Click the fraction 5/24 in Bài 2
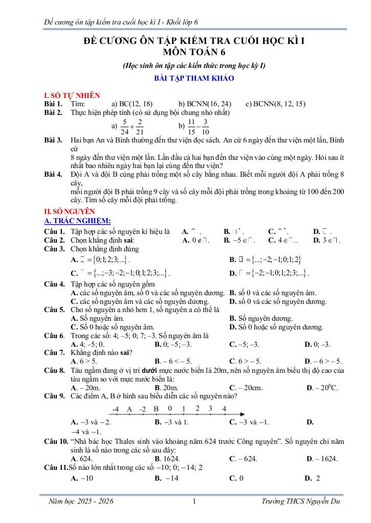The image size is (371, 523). pos(122,126)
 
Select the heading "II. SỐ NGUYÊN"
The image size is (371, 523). pos(70,211)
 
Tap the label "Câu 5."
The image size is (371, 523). pos(54,310)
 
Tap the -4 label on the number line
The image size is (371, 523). pos(115,409)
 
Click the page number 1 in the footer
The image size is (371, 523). pos(194,501)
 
